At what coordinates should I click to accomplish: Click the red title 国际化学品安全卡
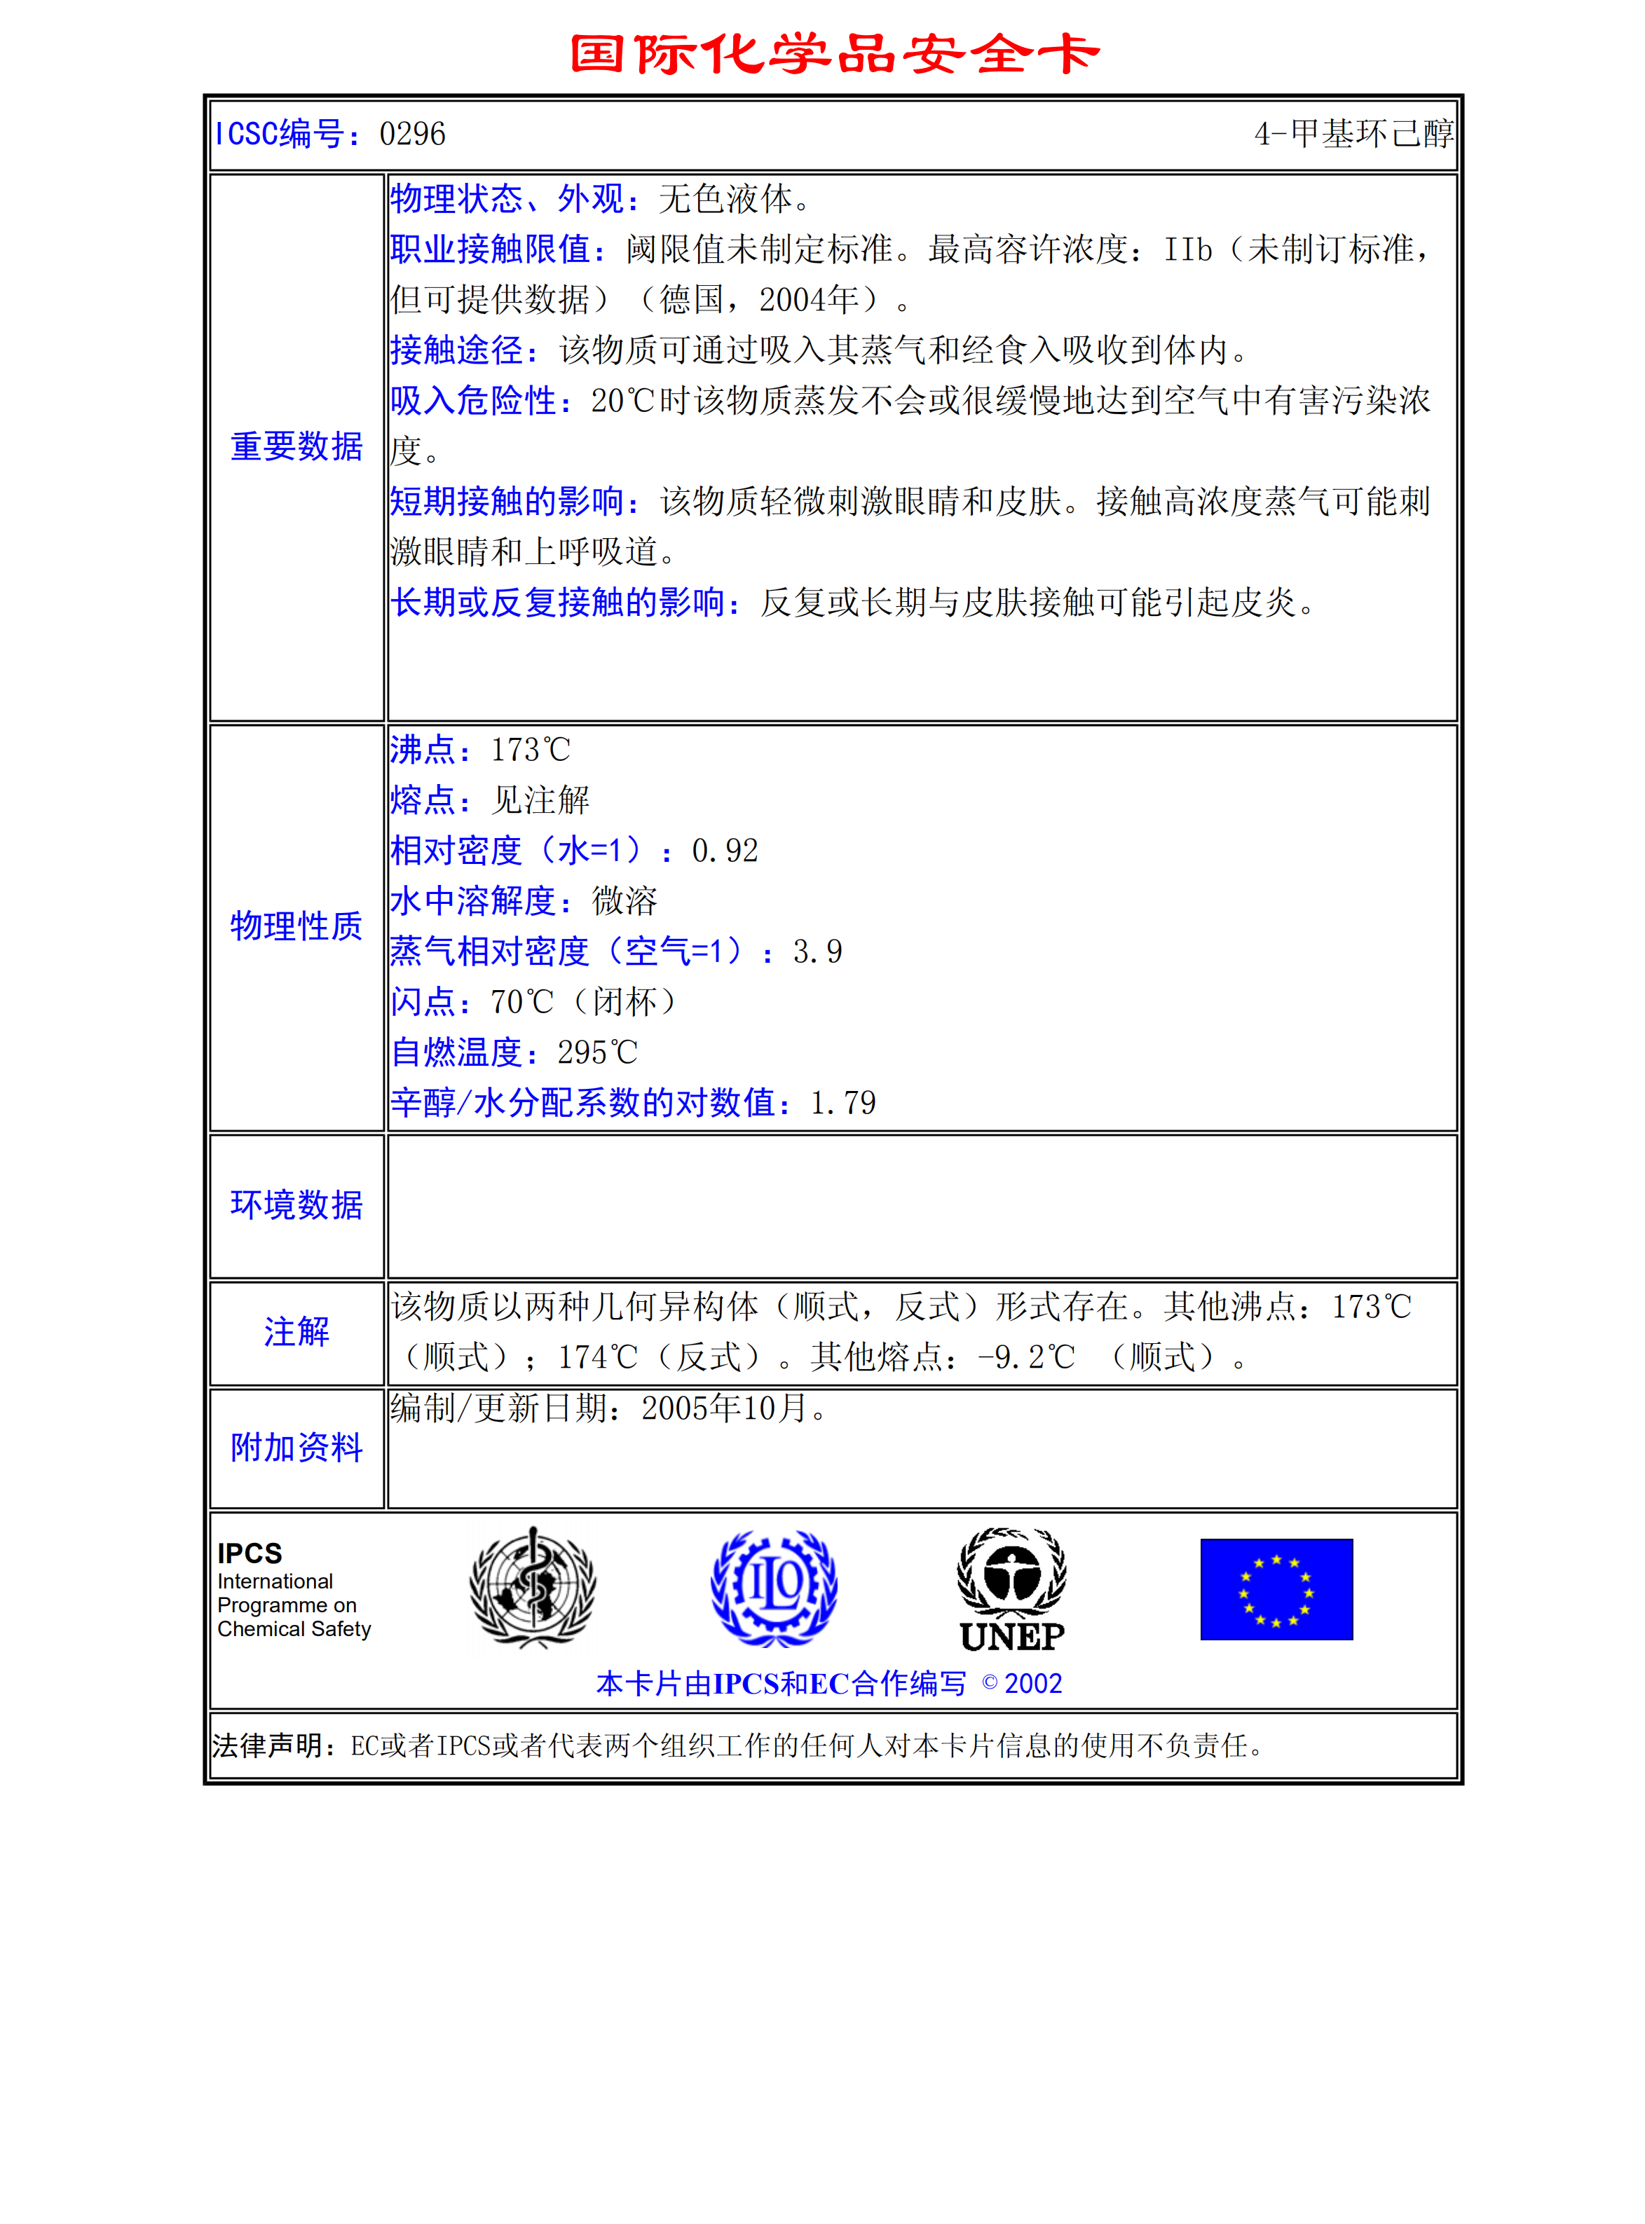click(x=835, y=54)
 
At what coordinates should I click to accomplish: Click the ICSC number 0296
click(x=412, y=133)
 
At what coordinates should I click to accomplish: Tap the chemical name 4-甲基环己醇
click(x=1352, y=133)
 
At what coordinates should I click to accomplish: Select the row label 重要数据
click(x=296, y=447)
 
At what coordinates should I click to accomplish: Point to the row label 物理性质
click(x=296, y=926)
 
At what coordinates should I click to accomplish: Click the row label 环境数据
click(x=296, y=1204)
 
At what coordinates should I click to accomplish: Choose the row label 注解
click(x=296, y=1332)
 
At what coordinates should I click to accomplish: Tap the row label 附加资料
click(x=296, y=1448)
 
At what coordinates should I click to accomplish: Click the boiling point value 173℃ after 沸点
click(x=531, y=750)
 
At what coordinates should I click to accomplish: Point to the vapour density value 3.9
click(x=817, y=952)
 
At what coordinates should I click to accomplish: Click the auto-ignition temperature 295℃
click(x=597, y=1052)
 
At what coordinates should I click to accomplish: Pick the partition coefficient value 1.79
click(x=843, y=1103)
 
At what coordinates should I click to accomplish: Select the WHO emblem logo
click(x=533, y=1588)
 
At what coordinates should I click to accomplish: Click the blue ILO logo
click(x=774, y=1588)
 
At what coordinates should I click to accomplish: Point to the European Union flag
click(x=1276, y=1589)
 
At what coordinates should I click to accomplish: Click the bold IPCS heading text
click(x=250, y=1553)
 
